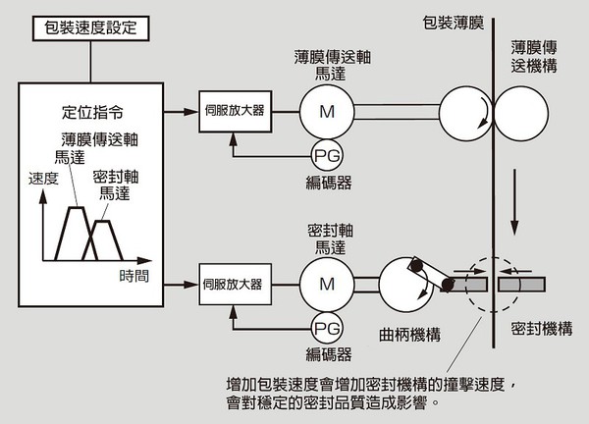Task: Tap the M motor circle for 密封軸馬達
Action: (326, 285)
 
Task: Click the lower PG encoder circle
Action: (326, 327)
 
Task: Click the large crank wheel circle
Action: (405, 284)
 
